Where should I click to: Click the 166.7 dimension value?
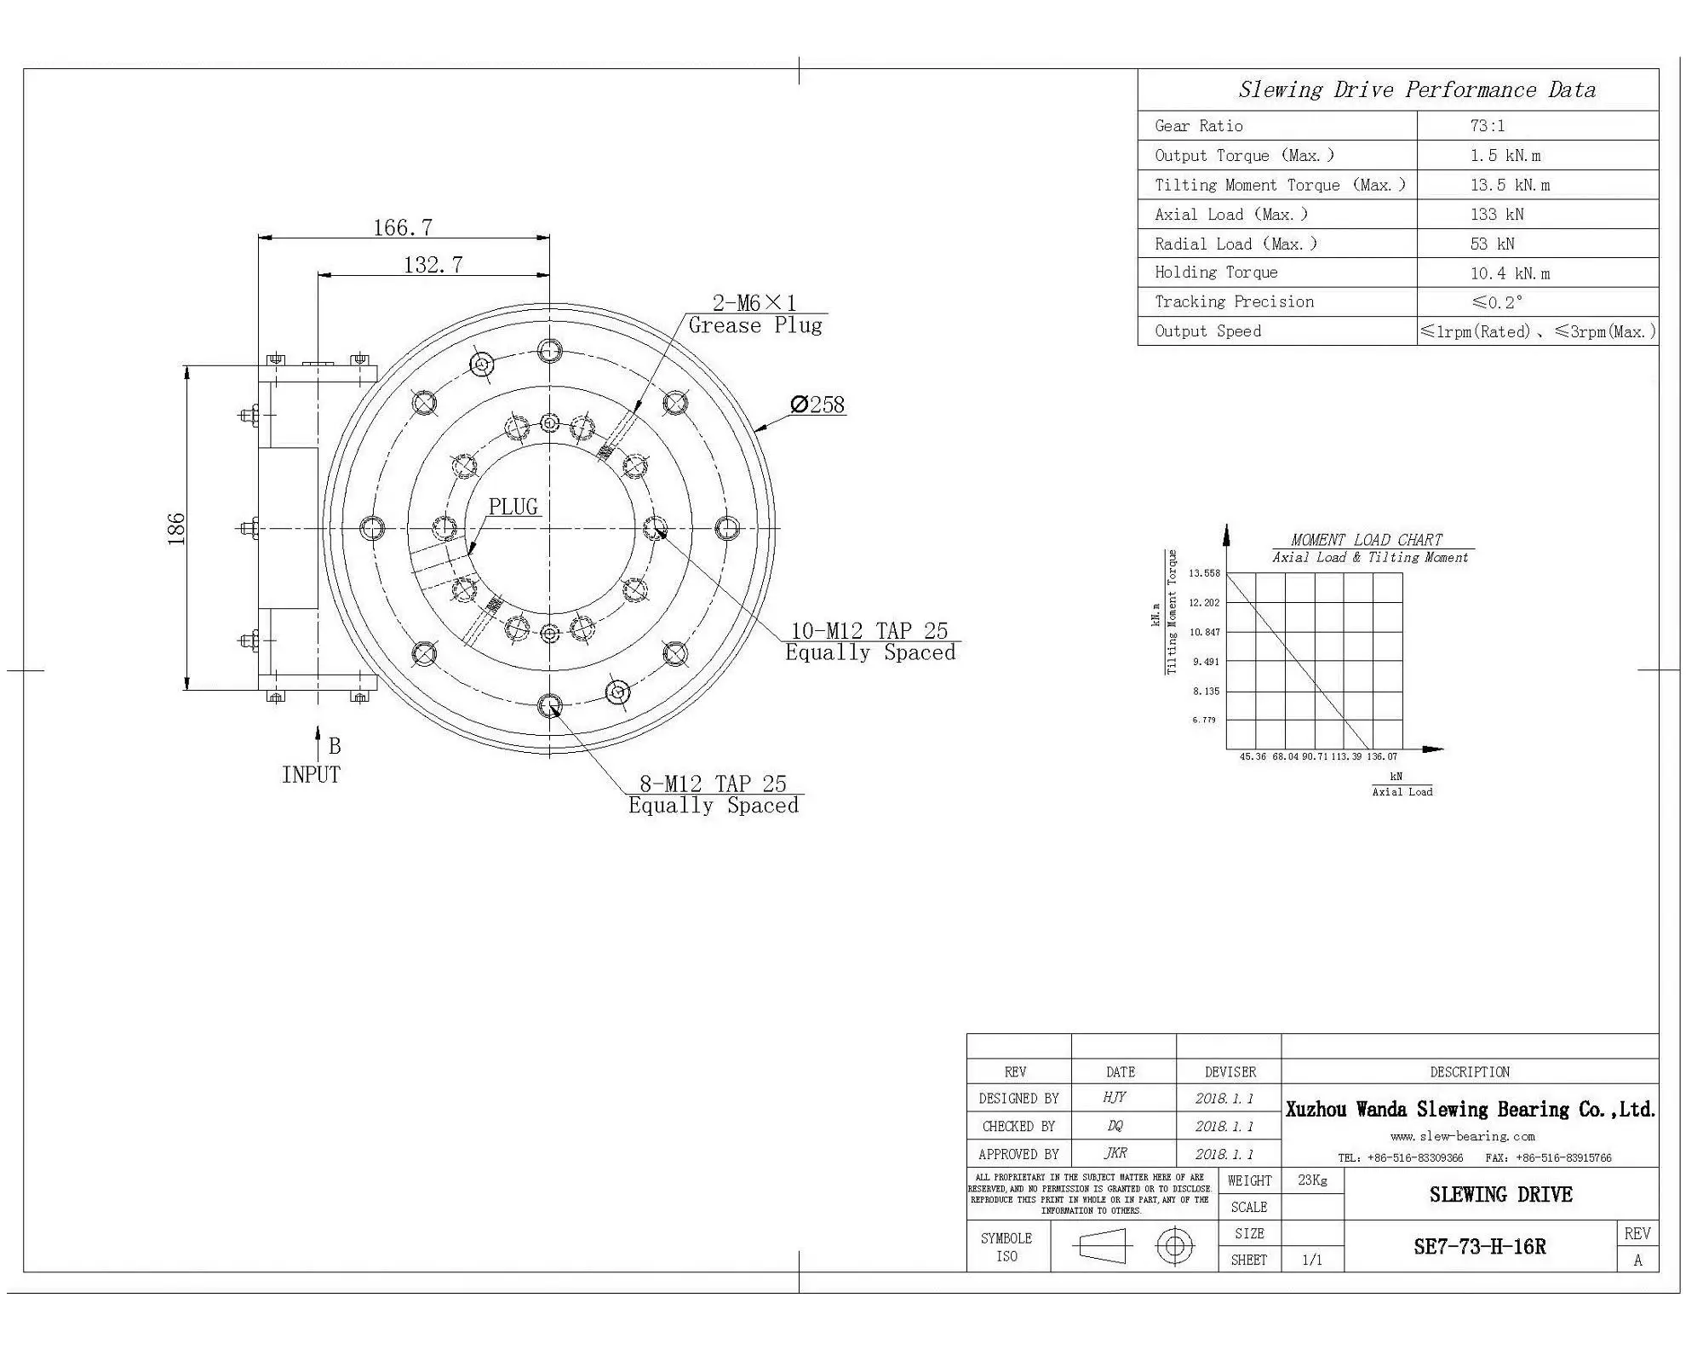(403, 227)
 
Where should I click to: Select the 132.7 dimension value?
(433, 265)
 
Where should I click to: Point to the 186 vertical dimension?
(175, 528)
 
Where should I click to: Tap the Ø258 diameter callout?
(817, 405)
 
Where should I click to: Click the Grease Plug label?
(754, 325)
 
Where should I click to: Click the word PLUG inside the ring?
(513, 507)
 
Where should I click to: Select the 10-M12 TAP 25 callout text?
(869, 631)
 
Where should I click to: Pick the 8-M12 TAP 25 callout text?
(713, 784)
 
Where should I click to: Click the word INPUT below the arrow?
(311, 775)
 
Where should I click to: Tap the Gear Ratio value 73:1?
(1487, 126)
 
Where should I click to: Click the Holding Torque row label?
(1215, 273)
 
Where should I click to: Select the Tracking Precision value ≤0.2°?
(1497, 302)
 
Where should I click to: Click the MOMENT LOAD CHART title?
(1366, 540)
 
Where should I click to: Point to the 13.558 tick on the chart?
(1204, 573)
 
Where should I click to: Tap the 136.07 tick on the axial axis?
(1381, 756)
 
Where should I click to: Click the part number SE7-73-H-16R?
(1479, 1247)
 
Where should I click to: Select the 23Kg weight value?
(1312, 1180)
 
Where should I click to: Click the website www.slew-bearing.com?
(1462, 1136)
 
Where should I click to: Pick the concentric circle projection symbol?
(1174, 1247)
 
